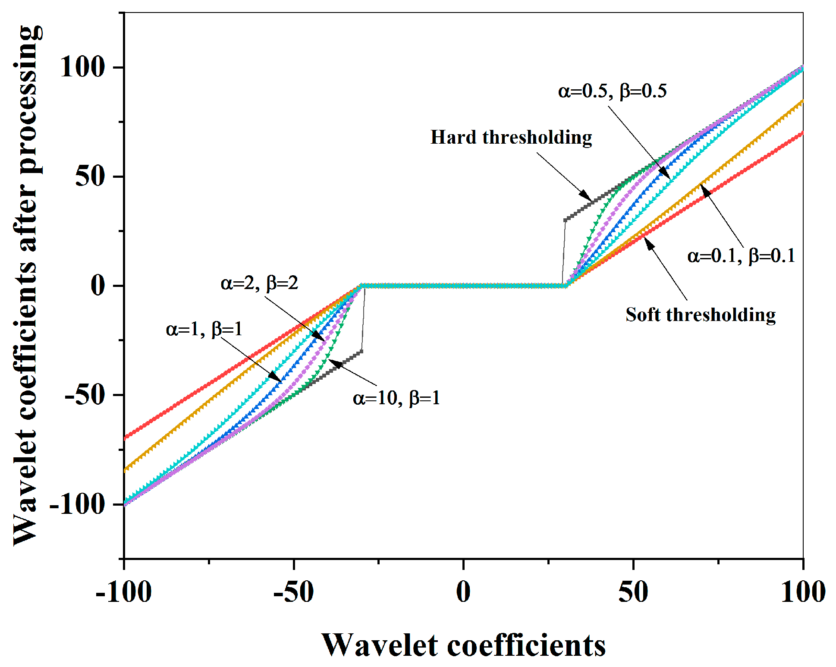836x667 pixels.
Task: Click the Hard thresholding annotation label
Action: click(511, 138)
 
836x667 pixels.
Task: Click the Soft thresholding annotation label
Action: click(701, 315)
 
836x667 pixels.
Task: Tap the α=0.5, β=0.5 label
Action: click(612, 91)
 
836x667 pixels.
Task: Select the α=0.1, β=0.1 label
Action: click(741, 256)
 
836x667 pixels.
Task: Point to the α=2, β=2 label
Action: click(259, 283)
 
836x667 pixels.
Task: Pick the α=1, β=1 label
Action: click(204, 330)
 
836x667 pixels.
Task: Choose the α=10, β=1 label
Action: click(396, 398)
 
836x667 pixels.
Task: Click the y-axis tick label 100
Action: click(82, 67)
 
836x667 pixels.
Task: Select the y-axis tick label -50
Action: click(85, 395)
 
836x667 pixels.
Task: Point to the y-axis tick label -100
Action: click(78, 504)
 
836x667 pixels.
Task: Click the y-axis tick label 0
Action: click(98, 286)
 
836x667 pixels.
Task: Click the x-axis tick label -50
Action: click(293, 592)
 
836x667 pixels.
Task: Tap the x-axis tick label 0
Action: click(463, 592)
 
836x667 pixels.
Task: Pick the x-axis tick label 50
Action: click(633, 592)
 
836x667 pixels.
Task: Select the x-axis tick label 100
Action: click(803, 592)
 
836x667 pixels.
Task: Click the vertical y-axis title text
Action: click(27, 285)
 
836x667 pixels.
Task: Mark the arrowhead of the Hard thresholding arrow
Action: click(587, 195)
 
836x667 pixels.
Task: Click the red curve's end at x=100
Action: click(802, 133)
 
